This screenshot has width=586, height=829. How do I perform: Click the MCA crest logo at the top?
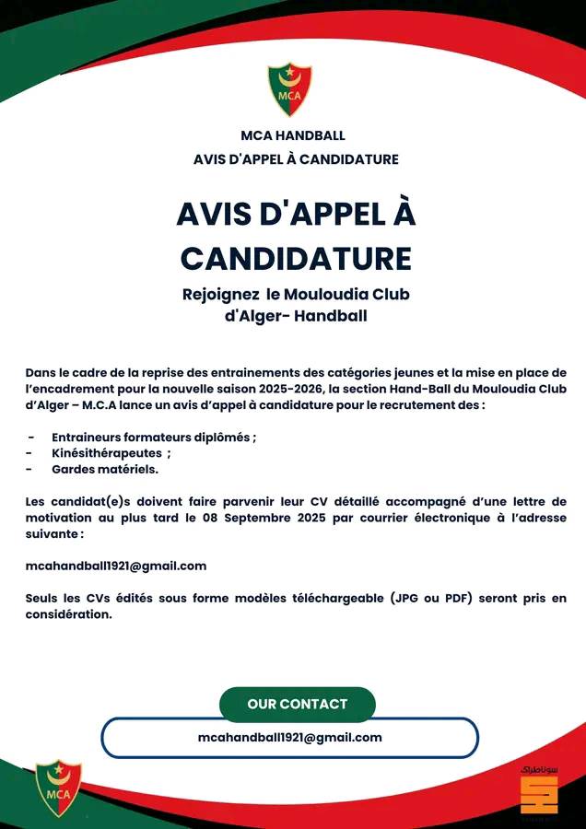click(289, 88)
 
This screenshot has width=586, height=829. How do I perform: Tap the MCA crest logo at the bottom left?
click(58, 787)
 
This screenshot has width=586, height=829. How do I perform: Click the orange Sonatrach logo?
click(539, 792)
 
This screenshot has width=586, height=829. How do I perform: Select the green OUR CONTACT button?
click(298, 704)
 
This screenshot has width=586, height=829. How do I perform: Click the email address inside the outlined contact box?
click(289, 737)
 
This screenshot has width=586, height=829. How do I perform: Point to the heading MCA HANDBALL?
click(293, 136)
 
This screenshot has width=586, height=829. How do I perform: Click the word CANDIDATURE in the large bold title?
click(296, 259)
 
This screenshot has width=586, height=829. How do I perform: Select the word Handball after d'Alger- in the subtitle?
click(332, 316)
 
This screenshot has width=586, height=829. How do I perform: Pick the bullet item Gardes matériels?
click(105, 469)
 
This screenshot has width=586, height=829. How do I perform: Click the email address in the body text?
click(116, 566)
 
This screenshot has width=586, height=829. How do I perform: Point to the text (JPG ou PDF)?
click(437, 598)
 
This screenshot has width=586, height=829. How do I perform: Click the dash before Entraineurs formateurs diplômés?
click(31, 437)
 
